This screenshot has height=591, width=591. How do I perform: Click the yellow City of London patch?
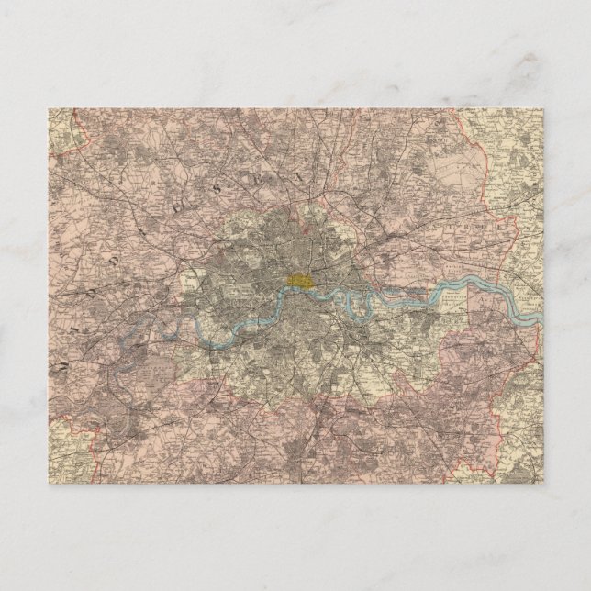click(x=299, y=279)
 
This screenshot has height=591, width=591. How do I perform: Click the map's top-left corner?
click(x=49, y=109)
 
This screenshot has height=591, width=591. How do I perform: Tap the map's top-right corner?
click(x=542, y=109)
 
